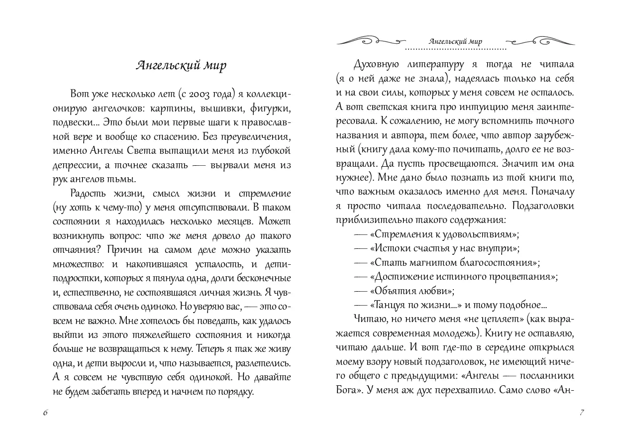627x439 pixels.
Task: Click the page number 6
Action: click(45, 413)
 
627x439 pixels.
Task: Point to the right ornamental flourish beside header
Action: click(541, 41)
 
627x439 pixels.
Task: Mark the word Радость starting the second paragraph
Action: click(89, 193)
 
